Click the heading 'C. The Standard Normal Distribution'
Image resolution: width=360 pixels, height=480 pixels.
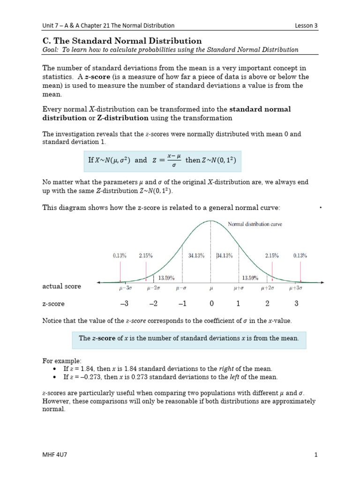pyautogui.click(x=122, y=41)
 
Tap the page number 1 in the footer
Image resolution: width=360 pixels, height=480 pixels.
pyautogui.click(x=316, y=454)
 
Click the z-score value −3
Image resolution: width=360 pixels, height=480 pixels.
pyautogui.click(x=124, y=304)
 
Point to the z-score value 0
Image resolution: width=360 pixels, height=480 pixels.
pyautogui.click(x=211, y=304)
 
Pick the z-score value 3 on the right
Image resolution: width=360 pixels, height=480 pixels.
pyautogui.click(x=296, y=304)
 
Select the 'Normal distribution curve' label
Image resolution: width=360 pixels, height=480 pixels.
pyautogui.click(x=255, y=224)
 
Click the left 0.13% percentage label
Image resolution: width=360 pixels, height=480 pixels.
pyautogui.click(x=120, y=255)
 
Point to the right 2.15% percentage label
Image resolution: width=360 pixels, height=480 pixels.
pyautogui.click(x=272, y=255)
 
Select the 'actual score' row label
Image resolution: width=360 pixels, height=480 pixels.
pyautogui.click(x=61, y=286)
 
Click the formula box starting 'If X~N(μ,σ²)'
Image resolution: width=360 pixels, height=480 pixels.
pyautogui.click(x=162, y=160)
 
